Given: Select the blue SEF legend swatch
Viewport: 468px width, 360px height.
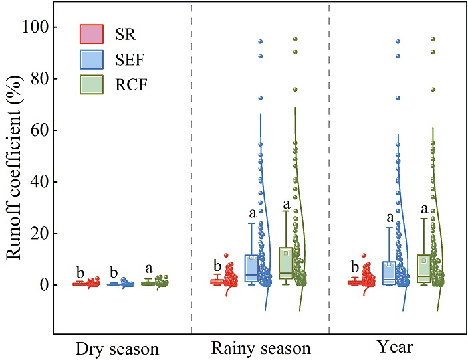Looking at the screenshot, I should tap(92, 59).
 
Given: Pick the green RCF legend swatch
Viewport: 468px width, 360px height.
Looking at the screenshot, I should tap(92, 85).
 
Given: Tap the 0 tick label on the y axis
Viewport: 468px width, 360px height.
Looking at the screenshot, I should tap(43, 285).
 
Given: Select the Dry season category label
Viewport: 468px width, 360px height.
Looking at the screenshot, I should tap(117, 349).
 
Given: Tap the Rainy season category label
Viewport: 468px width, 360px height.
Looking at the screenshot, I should tap(261, 349).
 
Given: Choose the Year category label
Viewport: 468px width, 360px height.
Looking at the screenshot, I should tap(394, 348).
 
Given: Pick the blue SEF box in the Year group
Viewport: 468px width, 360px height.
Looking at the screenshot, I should tap(389, 273).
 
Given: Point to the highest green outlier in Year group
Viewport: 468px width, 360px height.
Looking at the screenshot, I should tap(432, 39).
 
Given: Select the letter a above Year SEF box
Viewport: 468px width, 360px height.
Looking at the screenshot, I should tap(389, 217).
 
